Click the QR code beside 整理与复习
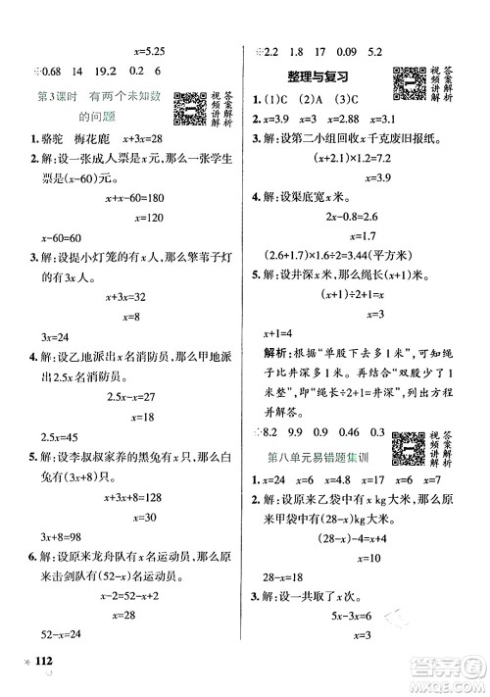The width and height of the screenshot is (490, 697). [x=408, y=81]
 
